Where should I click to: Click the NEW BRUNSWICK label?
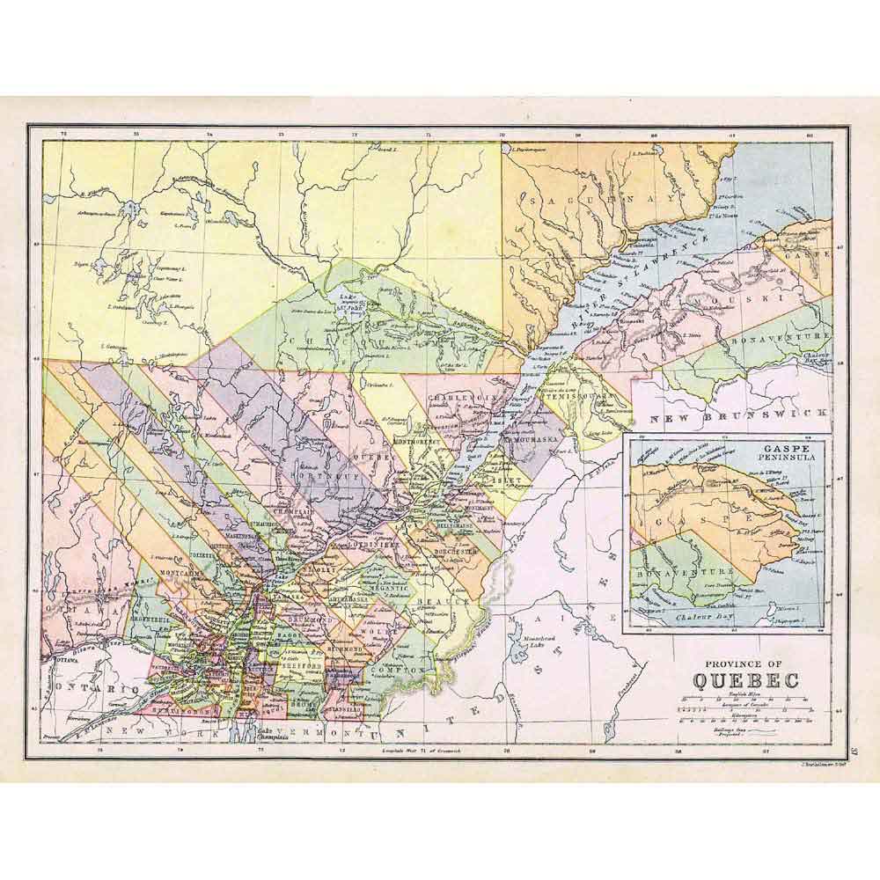[x=739, y=414]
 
